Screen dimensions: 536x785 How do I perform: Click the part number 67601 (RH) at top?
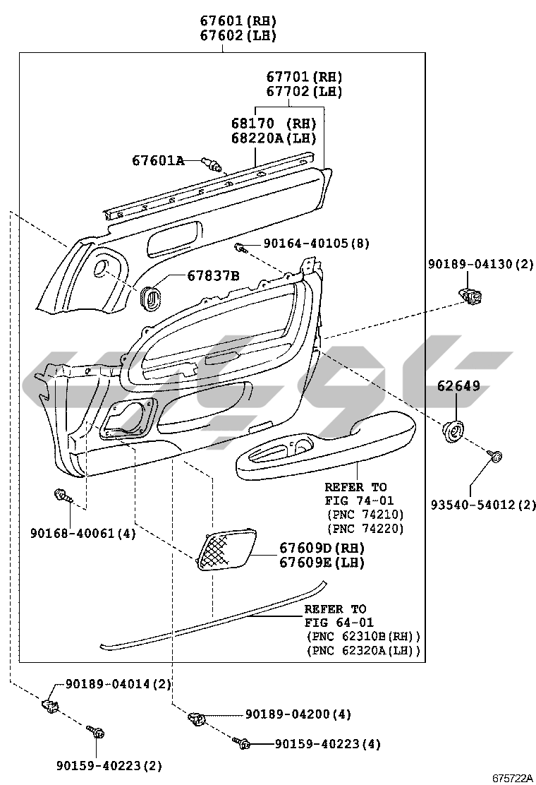click(x=238, y=20)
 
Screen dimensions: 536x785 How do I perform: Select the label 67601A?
click(x=158, y=160)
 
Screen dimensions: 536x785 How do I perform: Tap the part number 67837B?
click(x=214, y=275)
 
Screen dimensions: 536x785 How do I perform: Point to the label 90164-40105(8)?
click(x=317, y=244)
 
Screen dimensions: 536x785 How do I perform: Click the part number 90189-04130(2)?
click(x=480, y=264)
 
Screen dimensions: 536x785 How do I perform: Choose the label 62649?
click(x=458, y=385)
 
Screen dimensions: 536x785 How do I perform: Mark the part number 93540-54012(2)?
click(x=483, y=505)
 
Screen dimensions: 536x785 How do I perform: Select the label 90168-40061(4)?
click(x=83, y=534)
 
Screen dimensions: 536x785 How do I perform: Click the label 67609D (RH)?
click(x=322, y=548)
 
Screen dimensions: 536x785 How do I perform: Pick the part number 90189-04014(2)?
click(x=118, y=684)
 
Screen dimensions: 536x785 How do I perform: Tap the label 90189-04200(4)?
click(x=298, y=714)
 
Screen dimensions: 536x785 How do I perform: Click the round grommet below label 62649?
click(x=453, y=431)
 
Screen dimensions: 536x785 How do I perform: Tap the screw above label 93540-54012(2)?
click(x=495, y=456)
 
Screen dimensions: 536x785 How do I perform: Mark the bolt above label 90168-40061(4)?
click(x=63, y=496)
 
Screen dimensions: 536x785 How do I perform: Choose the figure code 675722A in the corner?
click(x=513, y=778)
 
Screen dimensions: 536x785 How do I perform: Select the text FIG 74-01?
click(x=359, y=500)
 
